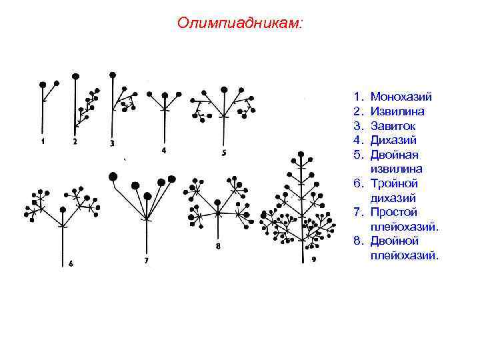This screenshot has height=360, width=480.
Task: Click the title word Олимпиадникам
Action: point(239,23)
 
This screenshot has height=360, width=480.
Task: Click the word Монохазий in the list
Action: point(401,97)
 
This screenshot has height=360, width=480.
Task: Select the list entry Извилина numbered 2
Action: point(397,111)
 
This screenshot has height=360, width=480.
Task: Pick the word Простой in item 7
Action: point(394,212)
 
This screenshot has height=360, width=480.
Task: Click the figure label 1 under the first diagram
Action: point(43,141)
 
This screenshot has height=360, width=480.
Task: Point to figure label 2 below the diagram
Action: point(75,141)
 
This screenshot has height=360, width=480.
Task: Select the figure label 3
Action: point(111,143)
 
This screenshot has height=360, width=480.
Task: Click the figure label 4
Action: point(164,151)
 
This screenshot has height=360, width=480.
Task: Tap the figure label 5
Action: point(223,153)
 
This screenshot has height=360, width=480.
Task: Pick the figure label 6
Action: point(71,263)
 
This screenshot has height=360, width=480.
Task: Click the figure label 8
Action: point(218,247)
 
